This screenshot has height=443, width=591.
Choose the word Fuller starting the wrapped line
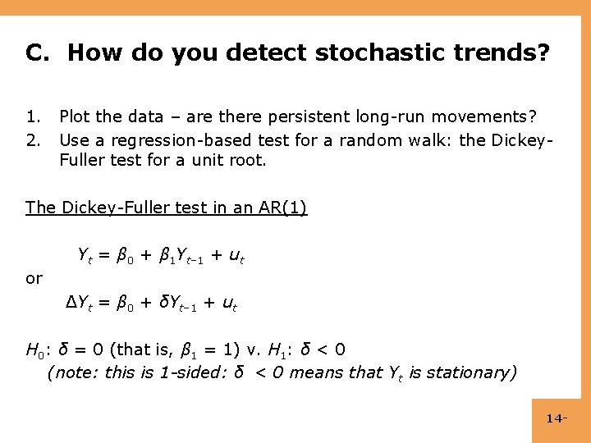pos(82,161)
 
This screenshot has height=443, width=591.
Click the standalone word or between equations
pos(34,279)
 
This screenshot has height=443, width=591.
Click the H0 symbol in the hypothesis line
pos(35,350)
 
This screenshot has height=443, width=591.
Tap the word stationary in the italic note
pos(472,372)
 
